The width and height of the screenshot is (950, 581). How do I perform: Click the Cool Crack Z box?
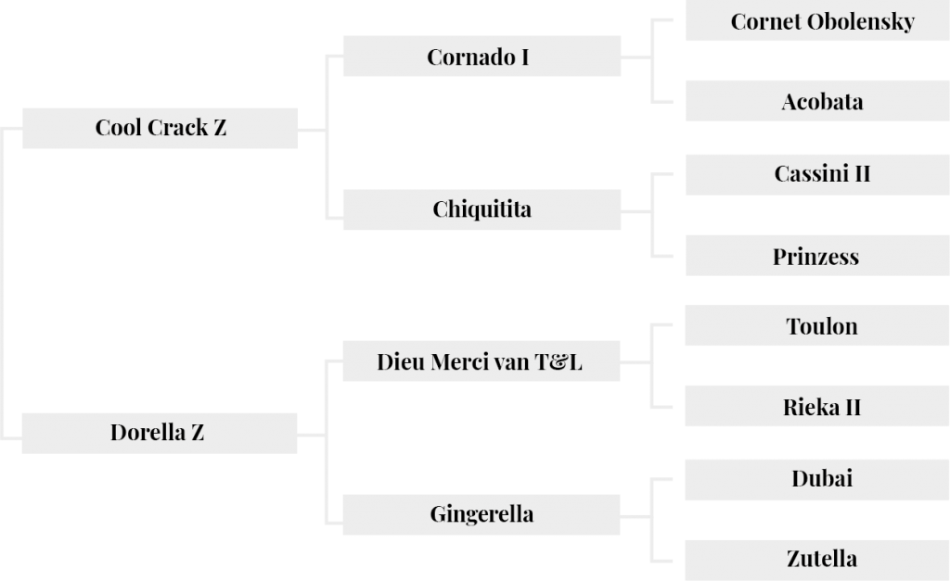[x=160, y=128]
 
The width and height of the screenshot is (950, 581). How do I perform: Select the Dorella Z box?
[x=160, y=434]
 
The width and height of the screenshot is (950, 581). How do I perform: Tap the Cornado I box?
[x=481, y=57]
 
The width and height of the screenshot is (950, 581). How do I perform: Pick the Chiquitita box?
[x=481, y=209]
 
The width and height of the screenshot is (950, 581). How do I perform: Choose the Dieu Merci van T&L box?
[x=481, y=361]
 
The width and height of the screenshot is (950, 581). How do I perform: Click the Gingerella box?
[x=481, y=514]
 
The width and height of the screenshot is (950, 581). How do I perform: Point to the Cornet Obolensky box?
[x=817, y=20]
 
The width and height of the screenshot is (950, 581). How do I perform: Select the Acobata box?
[x=817, y=101]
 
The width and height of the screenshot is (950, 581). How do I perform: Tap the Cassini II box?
[x=817, y=175]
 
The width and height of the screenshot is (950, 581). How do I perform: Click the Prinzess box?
[x=817, y=256]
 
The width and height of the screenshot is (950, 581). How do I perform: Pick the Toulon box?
[x=817, y=325]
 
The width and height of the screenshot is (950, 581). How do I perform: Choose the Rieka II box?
[x=817, y=406]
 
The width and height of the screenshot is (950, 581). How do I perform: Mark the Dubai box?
[x=817, y=480]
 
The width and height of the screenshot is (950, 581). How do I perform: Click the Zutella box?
[x=817, y=561]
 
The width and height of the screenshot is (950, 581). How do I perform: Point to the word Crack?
[x=177, y=128]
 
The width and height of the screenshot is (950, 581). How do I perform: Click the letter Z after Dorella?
[x=198, y=433]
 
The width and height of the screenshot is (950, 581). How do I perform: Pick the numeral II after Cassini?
[x=863, y=174]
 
